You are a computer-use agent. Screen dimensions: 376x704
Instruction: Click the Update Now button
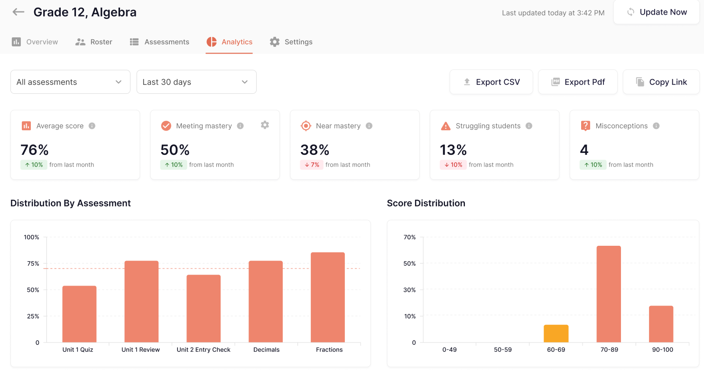click(657, 12)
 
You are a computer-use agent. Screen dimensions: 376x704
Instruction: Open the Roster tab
click(94, 42)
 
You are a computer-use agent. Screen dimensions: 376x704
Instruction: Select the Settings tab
click(291, 42)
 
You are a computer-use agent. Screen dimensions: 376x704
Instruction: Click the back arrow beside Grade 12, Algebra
click(19, 12)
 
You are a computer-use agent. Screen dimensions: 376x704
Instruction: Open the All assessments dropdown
click(70, 82)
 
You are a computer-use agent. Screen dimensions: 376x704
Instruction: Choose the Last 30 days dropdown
click(196, 82)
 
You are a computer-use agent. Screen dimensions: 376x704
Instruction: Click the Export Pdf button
click(578, 82)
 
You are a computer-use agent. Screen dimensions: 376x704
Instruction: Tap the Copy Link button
click(661, 82)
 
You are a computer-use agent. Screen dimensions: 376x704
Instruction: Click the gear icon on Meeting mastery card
click(265, 125)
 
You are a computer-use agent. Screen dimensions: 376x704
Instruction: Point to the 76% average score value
click(35, 150)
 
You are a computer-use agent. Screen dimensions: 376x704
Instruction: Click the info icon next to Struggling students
click(529, 126)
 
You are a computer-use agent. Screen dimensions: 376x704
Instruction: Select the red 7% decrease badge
click(311, 165)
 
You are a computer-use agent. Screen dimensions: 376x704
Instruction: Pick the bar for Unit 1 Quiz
click(79, 314)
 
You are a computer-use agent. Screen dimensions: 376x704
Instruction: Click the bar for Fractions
click(328, 297)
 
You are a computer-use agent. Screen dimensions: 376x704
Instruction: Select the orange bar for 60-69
click(556, 334)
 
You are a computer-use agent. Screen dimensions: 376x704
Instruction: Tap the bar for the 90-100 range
click(661, 324)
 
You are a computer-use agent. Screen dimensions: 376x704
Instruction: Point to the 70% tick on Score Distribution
click(409, 237)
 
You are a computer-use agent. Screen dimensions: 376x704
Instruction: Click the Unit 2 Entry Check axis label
click(204, 350)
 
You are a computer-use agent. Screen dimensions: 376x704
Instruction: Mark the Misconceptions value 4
click(584, 150)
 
